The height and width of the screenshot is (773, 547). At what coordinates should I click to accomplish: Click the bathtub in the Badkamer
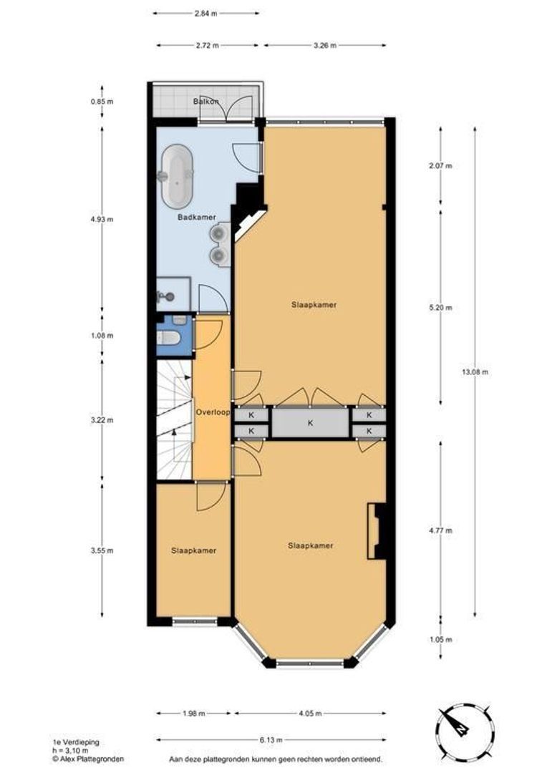point(175,175)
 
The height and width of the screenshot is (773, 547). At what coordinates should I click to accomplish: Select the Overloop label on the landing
point(212,413)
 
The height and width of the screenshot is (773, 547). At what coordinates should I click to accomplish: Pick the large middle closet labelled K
point(310,423)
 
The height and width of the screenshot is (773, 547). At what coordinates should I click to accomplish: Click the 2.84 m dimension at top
point(207,13)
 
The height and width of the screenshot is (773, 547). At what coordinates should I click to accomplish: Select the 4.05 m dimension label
point(309,713)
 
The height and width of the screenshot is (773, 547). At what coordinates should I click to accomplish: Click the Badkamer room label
point(197,217)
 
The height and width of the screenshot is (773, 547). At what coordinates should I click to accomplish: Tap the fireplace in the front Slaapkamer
point(375,531)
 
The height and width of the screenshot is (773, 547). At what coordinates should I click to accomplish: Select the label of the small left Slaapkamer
point(193,550)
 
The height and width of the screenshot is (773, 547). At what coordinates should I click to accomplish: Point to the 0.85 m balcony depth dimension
point(102,102)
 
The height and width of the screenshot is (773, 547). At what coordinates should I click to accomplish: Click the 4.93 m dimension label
point(102,219)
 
